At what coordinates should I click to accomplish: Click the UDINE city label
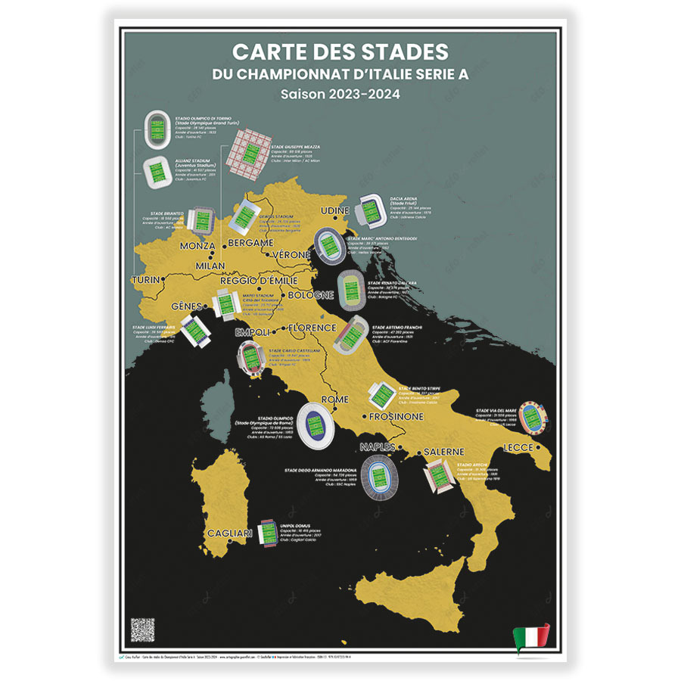pyautogui.click(x=335, y=210)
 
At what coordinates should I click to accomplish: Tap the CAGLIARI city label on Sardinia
pyautogui.click(x=229, y=533)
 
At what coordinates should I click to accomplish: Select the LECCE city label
pyautogui.click(x=518, y=448)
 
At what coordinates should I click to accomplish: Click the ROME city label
pyautogui.click(x=335, y=400)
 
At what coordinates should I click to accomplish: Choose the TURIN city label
pyautogui.click(x=146, y=280)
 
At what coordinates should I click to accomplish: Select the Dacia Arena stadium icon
pyautogui.click(x=371, y=209)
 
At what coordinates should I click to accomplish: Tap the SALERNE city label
pyautogui.click(x=443, y=452)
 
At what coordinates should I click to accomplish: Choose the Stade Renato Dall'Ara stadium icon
pyautogui.click(x=351, y=289)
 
